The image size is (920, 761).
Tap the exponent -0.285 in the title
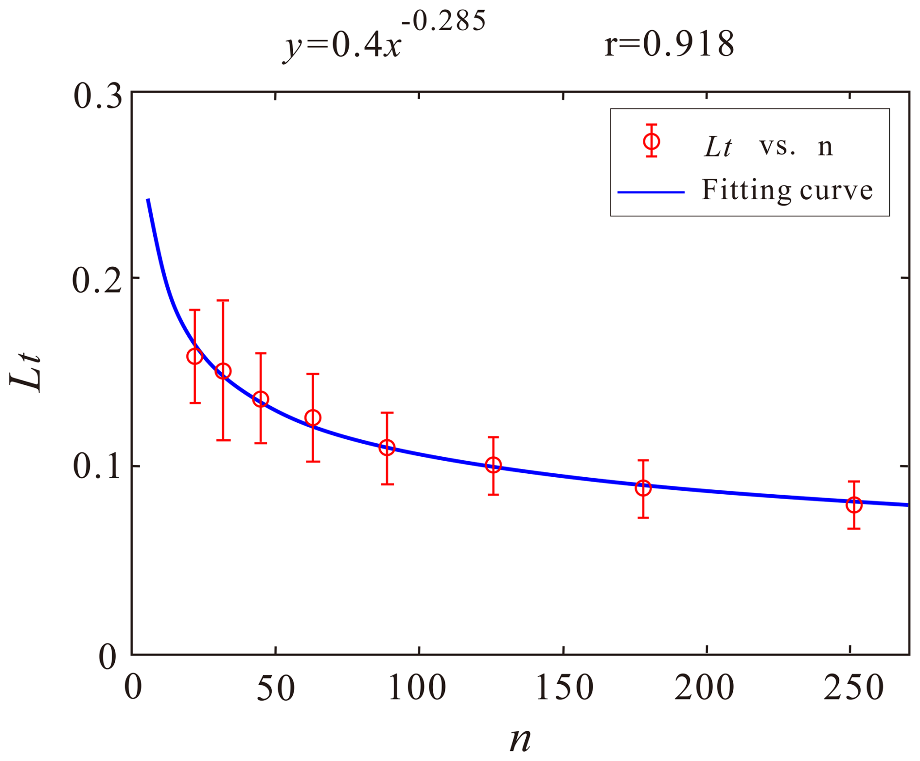point(443,21)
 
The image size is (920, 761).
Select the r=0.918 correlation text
point(669,45)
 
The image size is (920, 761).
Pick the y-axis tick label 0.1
point(97,467)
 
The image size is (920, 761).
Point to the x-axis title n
point(520,740)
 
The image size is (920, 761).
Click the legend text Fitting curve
point(787,190)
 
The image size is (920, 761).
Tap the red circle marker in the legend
point(651,141)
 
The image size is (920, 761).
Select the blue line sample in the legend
point(651,192)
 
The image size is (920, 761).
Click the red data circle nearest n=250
point(854,505)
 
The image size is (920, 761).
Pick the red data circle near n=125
point(493,466)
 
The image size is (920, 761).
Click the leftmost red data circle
point(195,356)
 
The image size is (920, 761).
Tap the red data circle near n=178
point(643,488)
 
